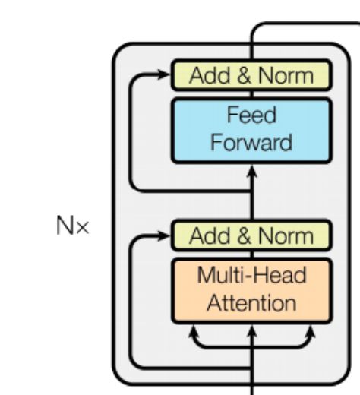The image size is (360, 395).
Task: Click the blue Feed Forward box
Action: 251,130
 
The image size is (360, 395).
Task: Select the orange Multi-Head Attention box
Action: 251,290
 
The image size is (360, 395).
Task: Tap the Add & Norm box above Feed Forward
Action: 251,75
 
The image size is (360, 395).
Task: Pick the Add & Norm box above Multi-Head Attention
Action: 251,235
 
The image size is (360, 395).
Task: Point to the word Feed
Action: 251,117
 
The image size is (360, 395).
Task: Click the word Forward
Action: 251,143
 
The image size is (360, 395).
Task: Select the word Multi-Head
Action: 251,276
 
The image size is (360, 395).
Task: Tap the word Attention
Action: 251,304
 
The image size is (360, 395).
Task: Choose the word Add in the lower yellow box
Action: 208,235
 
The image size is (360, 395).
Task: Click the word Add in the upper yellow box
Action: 208,75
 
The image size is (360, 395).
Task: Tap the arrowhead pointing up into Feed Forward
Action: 252,171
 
